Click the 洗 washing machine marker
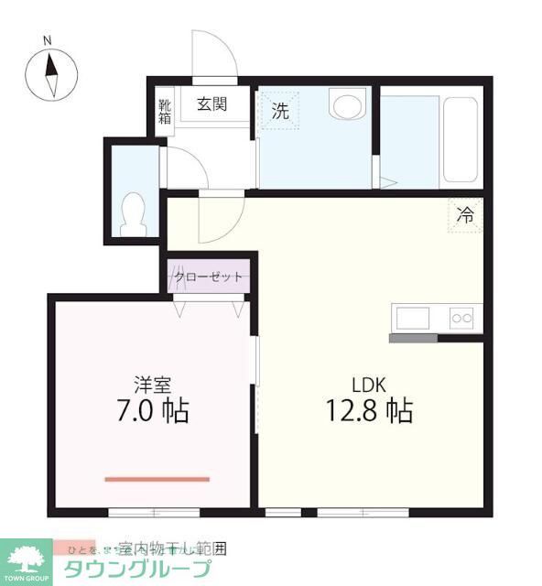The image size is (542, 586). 280,112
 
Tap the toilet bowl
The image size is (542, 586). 134,212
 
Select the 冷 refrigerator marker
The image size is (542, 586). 465,217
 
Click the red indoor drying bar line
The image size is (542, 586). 157,478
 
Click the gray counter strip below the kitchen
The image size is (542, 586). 413,337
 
